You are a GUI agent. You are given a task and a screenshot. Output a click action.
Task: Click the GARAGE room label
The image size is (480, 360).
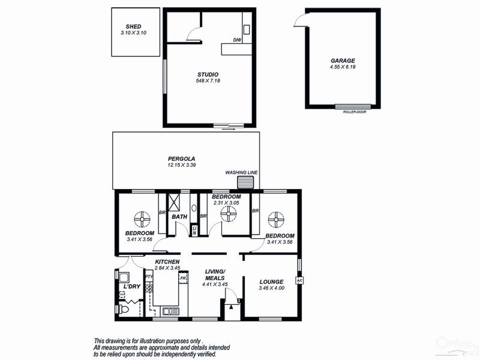pos(343,61)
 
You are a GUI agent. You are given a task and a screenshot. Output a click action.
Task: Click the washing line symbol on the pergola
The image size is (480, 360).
pos(244,182)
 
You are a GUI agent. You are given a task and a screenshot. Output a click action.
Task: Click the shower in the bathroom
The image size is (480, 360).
pos(175,201)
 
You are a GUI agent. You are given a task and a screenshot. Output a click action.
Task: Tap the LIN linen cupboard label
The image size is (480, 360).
pos(194,230)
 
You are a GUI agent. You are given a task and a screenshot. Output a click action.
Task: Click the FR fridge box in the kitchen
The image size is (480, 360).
pos(182,278)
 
